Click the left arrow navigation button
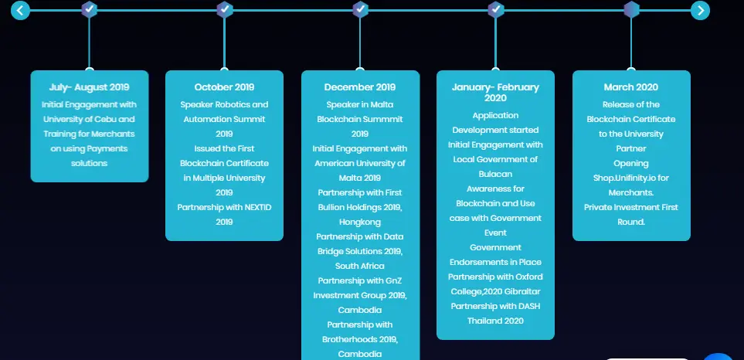20,10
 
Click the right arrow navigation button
700,10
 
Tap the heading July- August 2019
89,87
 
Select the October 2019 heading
224,87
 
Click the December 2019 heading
360,87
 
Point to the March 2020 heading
631,87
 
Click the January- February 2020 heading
495,93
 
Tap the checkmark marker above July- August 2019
89,9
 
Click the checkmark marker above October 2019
224,9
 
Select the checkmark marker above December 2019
360,9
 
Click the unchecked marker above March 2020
631,9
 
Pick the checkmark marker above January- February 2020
495,9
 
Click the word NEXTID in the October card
256,207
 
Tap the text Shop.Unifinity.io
625,178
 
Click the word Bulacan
495,174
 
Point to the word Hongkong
360,222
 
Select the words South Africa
360,266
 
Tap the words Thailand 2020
495,321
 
